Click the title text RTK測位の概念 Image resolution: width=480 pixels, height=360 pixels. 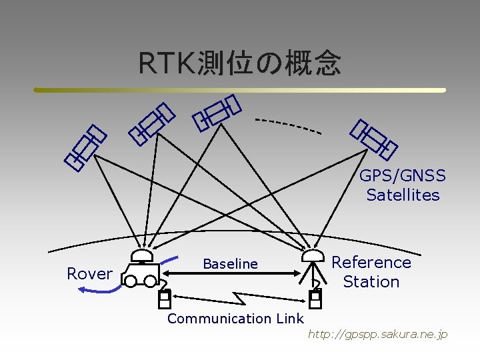pos(239,63)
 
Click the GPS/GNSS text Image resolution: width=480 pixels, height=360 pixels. pos(402,176)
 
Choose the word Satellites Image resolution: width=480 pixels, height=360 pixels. pos(403,195)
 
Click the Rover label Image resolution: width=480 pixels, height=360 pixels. pos(90,273)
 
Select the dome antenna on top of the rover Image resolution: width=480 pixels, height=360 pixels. pos(141,255)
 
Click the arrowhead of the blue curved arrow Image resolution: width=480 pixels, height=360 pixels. pos(81,289)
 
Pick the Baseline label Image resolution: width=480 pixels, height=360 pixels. pos(230,264)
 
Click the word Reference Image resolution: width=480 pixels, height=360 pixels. pos(371,262)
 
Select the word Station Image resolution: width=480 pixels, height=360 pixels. pos(371,281)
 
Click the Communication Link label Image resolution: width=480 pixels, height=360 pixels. pos(235,319)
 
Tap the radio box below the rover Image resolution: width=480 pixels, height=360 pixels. pos(164,300)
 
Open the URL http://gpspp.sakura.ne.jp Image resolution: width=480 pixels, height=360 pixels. pos(377,334)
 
